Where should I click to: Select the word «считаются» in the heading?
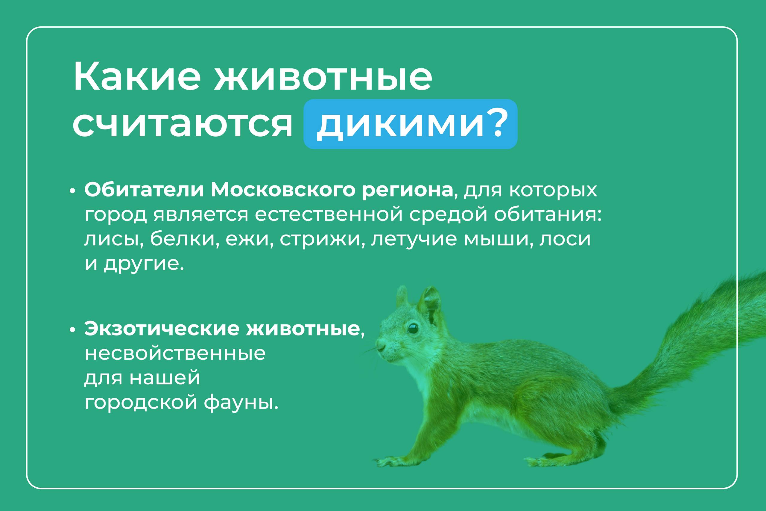pyautogui.click(x=182, y=124)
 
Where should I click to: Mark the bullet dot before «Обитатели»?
pyautogui.click(x=73, y=191)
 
